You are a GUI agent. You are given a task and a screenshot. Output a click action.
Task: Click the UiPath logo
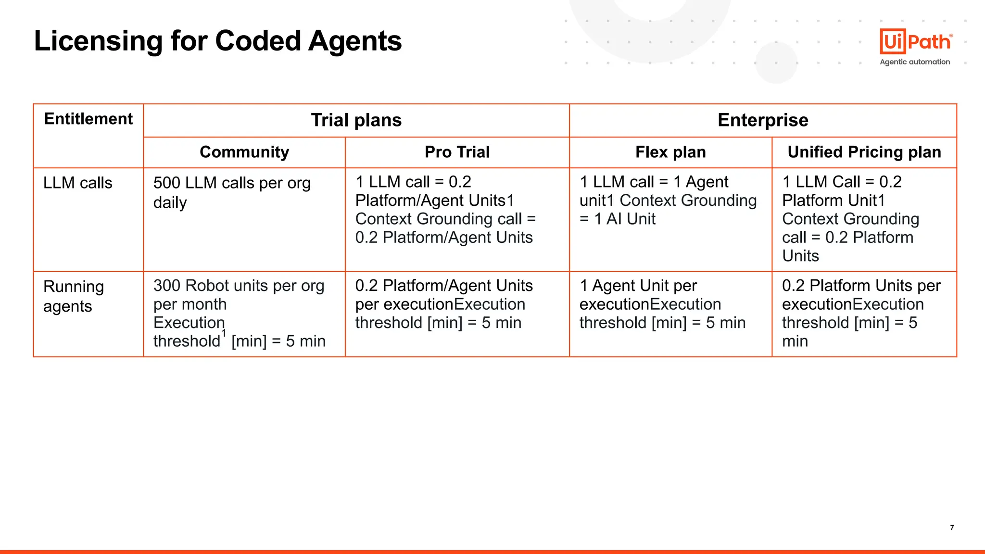(915, 42)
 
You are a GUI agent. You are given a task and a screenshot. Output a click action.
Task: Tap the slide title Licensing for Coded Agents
(217, 41)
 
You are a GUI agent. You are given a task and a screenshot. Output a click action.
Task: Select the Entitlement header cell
(88, 119)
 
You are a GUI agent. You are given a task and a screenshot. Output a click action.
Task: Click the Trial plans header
(356, 120)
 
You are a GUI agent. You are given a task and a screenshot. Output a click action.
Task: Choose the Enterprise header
(763, 120)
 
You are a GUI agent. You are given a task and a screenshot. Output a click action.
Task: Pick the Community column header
(244, 152)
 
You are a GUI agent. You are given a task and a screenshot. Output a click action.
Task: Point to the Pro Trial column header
(457, 152)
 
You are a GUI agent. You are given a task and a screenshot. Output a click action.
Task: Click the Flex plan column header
(670, 152)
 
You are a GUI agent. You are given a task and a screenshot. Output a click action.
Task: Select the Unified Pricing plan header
(864, 152)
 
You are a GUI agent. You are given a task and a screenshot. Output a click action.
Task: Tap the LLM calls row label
(78, 183)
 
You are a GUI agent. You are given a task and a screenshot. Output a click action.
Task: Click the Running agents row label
(74, 296)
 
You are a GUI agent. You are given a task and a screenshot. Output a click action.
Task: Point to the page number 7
(952, 528)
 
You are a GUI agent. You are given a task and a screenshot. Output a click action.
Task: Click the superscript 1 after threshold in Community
(224, 333)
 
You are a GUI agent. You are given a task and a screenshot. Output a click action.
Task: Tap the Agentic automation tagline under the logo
(915, 62)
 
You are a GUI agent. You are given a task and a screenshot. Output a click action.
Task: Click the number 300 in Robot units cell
(167, 286)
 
